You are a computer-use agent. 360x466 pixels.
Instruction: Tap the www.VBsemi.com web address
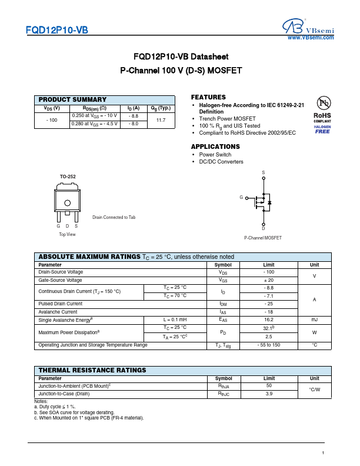click(x=310, y=37)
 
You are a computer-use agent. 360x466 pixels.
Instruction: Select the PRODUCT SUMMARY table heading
click(x=72, y=100)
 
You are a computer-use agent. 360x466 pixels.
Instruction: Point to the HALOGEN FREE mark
click(x=322, y=129)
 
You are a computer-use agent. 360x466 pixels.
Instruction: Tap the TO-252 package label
click(x=68, y=177)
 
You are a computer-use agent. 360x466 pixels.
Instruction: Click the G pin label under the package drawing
click(x=58, y=226)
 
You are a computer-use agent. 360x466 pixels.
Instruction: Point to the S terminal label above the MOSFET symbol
click(x=264, y=172)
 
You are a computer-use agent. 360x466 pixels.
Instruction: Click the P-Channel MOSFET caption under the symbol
click(x=263, y=238)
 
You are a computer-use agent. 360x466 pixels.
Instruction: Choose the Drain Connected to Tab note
click(x=114, y=218)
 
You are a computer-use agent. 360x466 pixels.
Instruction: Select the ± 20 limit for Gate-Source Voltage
click(x=269, y=280)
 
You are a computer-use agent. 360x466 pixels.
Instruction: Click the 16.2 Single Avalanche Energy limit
click(x=269, y=319)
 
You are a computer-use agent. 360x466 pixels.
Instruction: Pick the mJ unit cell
click(x=314, y=319)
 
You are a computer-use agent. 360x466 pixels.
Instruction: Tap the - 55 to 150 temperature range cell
click(x=269, y=345)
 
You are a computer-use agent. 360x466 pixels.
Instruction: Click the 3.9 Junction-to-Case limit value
click(x=269, y=394)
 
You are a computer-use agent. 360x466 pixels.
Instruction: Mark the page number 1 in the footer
click(x=324, y=452)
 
